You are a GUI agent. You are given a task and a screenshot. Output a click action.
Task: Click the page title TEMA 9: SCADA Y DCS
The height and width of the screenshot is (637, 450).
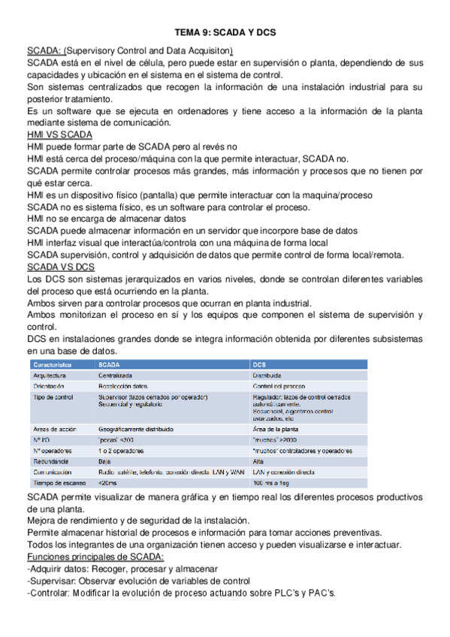tap(225, 33)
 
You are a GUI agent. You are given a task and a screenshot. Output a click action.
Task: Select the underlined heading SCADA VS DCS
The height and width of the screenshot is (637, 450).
tap(61, 267)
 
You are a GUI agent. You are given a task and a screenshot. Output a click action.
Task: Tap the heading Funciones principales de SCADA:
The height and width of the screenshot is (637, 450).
tap(95, 556)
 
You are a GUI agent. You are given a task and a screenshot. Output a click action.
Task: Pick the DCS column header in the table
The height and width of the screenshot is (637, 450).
tap(259, 363)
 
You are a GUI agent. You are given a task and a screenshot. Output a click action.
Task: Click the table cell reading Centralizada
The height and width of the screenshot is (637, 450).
tap(116, 374)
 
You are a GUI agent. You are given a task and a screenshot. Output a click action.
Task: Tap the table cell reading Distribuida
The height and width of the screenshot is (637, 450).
tap(267, 374)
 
